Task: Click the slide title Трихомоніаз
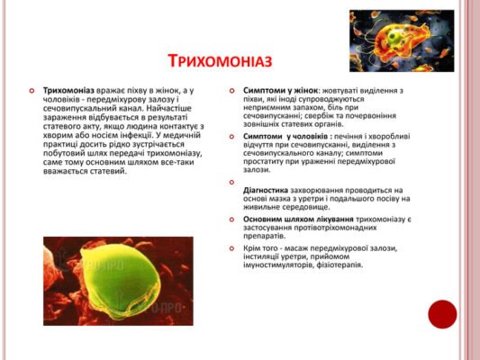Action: click(x=220, y=61)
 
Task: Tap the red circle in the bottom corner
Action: click(x=442, y=314)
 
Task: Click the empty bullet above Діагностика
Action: click(x=232, y=179)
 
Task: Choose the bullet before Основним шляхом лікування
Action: click(x=232, y=219)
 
